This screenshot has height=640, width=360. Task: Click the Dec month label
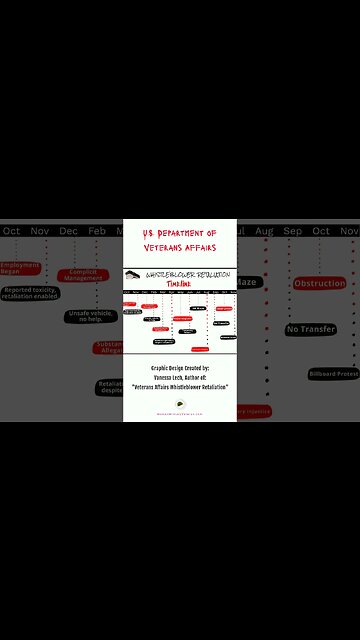click(x=68, y=231)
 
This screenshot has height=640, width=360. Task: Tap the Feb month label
click(x=96, y=231)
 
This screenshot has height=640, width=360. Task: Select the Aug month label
click(x=264, y=231)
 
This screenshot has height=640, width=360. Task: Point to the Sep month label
click(x=292, y=231)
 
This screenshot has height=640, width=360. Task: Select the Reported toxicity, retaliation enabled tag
click(x=29, y=293)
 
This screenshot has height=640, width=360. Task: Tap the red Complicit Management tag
click(x=83, y=275)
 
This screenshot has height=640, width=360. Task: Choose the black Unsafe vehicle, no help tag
click(x=91, y=316)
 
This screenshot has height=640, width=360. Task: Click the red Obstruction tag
click(x=319, y=283)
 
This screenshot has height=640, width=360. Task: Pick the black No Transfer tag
click(x=310, y=329)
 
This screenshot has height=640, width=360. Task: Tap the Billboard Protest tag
click(x=333, y=373)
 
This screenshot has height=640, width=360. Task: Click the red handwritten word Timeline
click(x=180, y=283)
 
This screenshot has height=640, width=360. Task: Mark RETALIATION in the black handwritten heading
click(x=210, y=274)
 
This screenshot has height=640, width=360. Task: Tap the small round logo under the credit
click(x=180, y=403)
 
